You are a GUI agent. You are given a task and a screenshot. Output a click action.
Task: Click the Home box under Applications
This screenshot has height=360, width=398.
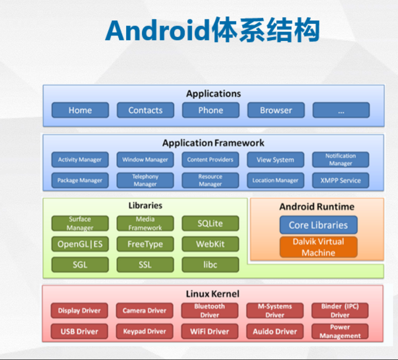(x=80, y=110)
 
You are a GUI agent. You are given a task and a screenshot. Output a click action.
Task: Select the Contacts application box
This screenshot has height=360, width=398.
(x=145, y=110)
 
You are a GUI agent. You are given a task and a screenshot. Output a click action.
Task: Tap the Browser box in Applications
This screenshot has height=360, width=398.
(x=276, y=110)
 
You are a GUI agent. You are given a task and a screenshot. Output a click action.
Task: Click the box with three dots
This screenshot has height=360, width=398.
(x=341, y=110)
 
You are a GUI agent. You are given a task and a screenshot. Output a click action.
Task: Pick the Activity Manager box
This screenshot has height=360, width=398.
(x=80, y=160)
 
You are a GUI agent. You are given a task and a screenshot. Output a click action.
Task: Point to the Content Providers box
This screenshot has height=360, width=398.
(x=211, y=160)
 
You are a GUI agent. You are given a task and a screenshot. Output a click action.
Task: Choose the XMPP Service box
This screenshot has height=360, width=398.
(x=341, y=180)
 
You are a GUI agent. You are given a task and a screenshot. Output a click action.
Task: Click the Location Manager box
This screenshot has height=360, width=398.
(x=276, y=180)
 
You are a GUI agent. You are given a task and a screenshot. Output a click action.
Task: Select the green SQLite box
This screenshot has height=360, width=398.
(x=211, y=223)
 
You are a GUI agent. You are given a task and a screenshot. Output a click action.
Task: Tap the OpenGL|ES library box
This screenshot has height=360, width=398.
(x=80, y=244)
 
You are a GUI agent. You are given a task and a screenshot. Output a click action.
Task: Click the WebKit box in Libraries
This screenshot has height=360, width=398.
(x=211, y=244)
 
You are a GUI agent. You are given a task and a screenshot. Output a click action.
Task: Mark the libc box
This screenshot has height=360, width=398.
(x=211, y=264)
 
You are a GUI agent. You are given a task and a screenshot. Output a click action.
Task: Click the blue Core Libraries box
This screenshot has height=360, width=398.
(x=318, y=225)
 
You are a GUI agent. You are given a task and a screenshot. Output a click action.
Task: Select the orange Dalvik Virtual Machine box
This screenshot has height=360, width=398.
(x=318, y=247)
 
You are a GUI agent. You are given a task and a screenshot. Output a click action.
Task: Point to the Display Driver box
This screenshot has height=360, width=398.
(x=80, y=311)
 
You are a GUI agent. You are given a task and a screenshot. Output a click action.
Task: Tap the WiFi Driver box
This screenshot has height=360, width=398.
(x=211, y=331)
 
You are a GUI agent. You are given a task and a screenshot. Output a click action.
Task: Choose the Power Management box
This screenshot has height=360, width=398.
(x=341, y=331)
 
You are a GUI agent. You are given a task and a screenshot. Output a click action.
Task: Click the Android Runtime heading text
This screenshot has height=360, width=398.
(x=317, y=207)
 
